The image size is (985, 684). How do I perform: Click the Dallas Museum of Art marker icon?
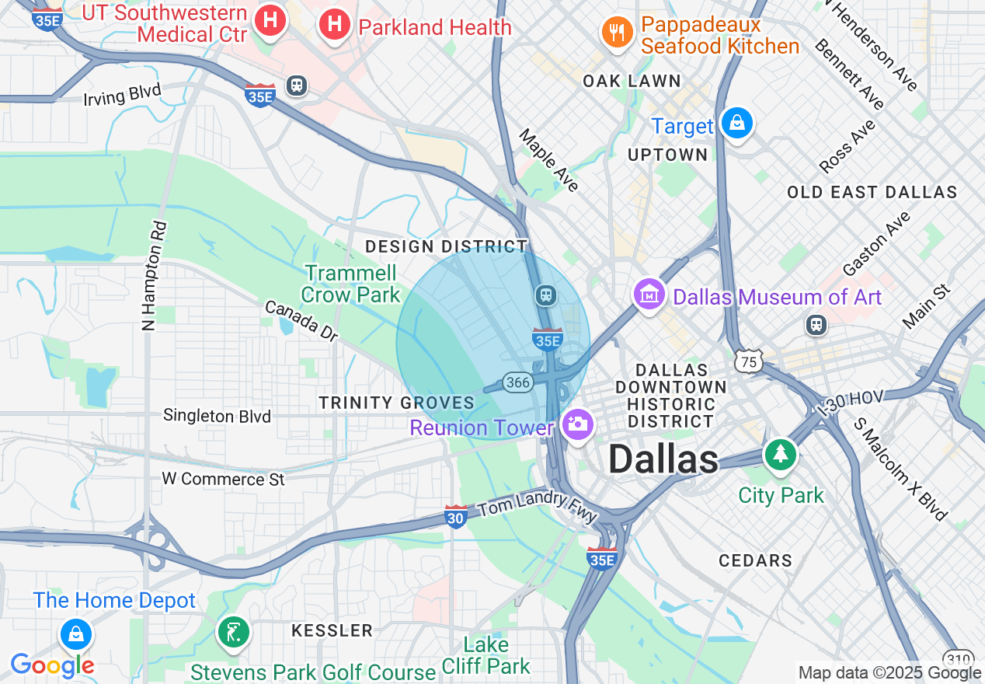(649, 295)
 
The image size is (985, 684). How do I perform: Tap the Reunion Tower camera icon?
(577, 424)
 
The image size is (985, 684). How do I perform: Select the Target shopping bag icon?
(736, 123)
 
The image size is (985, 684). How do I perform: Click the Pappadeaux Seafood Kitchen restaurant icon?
(617, 32)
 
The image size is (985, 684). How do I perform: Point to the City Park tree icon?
(780, 454)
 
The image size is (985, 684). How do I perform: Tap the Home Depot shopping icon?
(76, 634)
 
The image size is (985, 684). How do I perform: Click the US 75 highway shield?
(750, 361)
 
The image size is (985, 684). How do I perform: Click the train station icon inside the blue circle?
(546, 295)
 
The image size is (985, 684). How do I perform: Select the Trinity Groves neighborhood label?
(396, 403)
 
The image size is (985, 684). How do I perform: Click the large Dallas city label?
(663, 459)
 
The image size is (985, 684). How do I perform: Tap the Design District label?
(447, 246)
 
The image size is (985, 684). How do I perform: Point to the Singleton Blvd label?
(217, 416)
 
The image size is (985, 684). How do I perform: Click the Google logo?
(52, 665)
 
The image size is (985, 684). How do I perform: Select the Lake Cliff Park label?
(486, 655)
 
